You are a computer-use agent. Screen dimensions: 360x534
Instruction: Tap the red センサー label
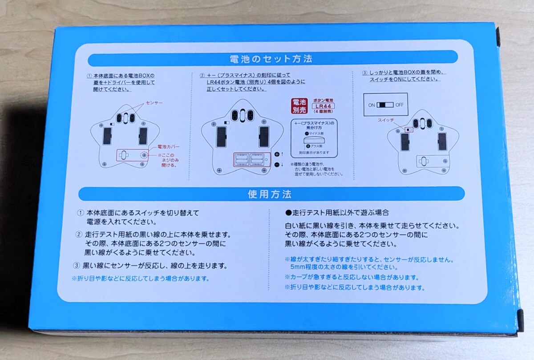(154, 103)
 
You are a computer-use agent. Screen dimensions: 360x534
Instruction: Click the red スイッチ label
(386, 120)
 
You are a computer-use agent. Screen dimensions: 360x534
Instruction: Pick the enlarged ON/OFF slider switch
(385, 105)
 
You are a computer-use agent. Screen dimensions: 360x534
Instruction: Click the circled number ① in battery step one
(89, 76)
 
